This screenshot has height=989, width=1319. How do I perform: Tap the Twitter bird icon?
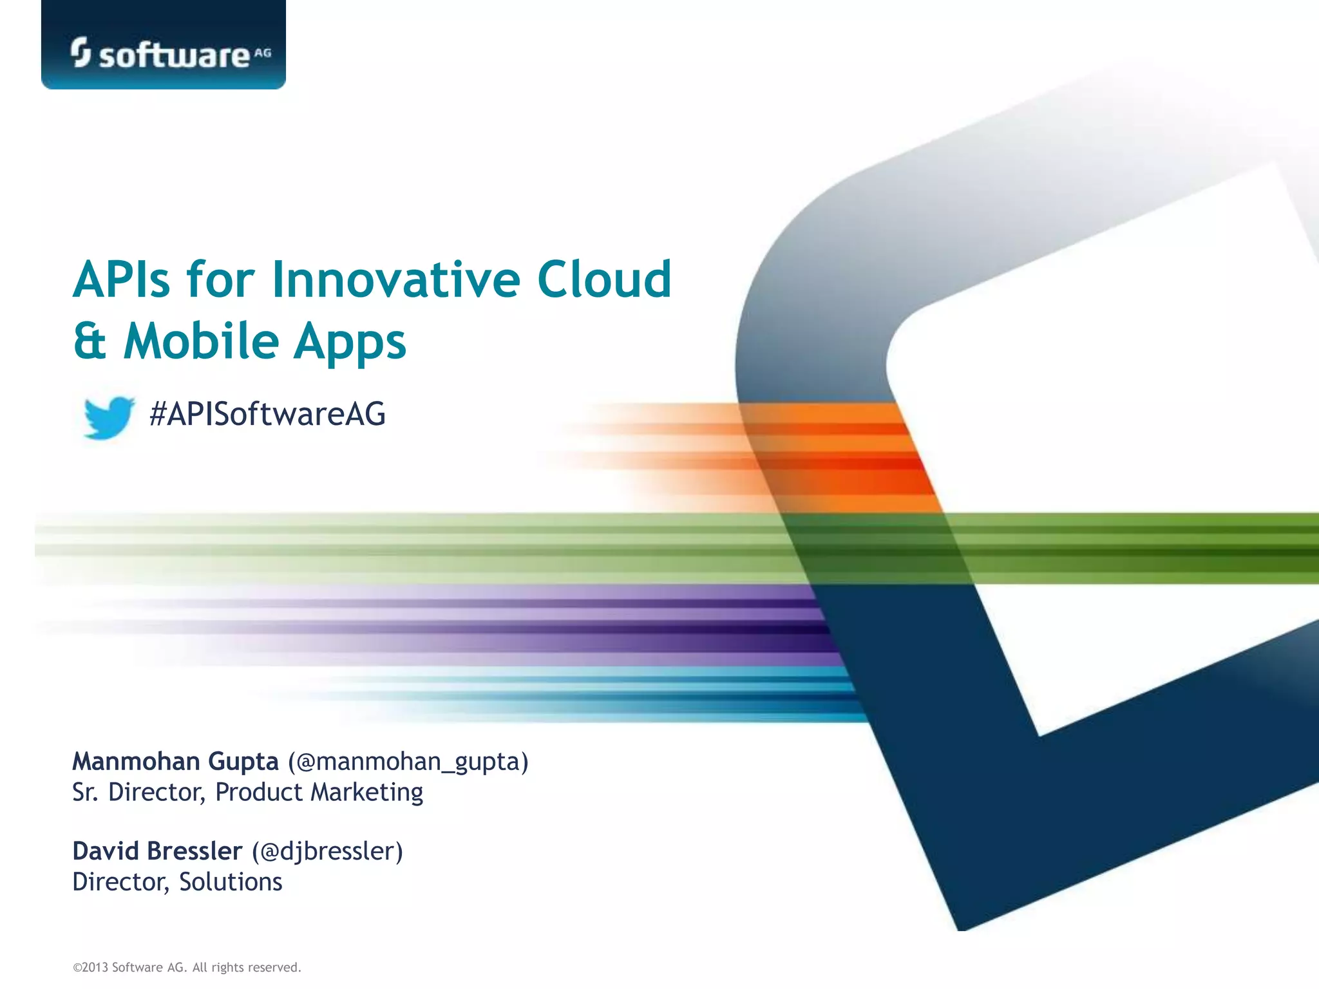(x=109, y=417)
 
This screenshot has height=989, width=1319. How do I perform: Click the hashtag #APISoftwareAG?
(x=267, y=413)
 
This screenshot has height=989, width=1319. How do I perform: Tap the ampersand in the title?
(x=90, y=341)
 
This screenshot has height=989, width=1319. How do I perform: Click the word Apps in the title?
(x=350, y=342)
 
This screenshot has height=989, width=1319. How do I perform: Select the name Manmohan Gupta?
(x=175, y=761)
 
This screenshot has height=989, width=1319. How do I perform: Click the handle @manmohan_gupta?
(x=408, y=762)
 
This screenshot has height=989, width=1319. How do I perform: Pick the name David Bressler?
(x=157, y=851)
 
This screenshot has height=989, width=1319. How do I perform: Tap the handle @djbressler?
(x=327, y=852)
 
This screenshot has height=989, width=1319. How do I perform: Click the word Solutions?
(x=231, y=881)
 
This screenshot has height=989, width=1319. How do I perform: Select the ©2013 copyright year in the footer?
(x=91, y=967)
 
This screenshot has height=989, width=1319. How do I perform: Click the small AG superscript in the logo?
(x=263, y=53)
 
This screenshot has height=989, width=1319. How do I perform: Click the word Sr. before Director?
(x=85, y=793)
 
